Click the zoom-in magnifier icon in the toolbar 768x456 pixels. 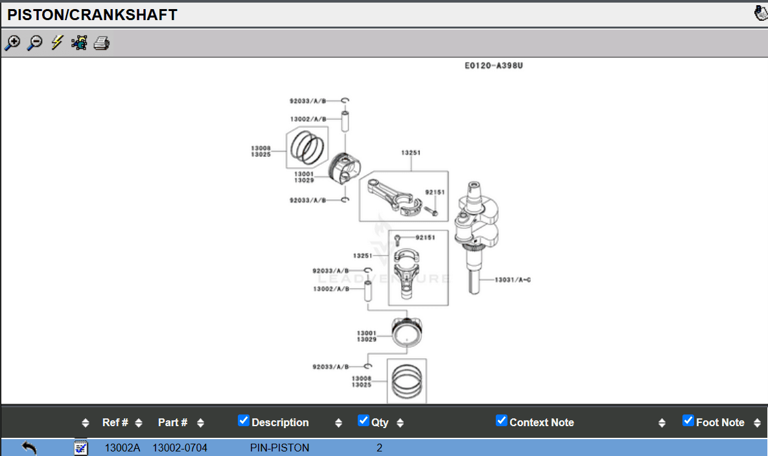[12, 43]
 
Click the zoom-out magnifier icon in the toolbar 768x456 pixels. [34, 43]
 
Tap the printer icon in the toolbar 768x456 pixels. [102, 43]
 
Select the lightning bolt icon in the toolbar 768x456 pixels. [57, 43]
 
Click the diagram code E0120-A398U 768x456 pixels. [493, 66]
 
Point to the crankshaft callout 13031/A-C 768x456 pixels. [513, 280]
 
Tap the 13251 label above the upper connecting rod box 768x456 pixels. [411, 153]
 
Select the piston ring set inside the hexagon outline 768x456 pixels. [307, 147]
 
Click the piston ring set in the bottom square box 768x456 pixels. [406, 381]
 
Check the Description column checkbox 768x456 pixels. [244, 420]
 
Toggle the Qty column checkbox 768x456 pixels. [364, 420]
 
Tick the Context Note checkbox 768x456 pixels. [502, 420]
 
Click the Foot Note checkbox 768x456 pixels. [688, 420]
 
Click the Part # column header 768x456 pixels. [172, 422]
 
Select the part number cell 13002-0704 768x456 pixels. [180, 448]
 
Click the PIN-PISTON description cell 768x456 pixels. [279, 448]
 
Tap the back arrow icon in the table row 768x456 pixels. [29, 447]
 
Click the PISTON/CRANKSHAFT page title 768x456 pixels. [92, 15]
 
